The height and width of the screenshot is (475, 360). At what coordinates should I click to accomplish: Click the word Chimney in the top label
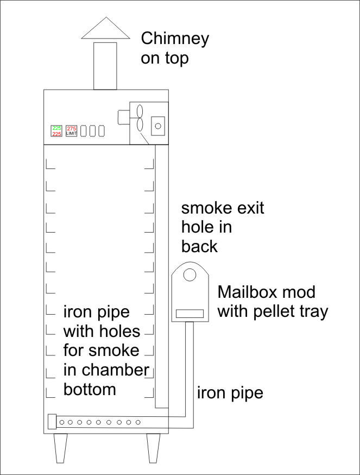point(174,39)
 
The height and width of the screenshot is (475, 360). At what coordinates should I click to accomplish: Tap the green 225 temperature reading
point(56,128)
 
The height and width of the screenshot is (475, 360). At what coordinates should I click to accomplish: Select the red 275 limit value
point(71,128)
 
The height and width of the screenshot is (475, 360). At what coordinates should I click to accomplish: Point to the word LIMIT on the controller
point(71,134)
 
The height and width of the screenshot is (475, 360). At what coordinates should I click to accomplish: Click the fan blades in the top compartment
point(140,117)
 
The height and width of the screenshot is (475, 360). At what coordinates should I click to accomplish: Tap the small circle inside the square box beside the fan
point(158,126)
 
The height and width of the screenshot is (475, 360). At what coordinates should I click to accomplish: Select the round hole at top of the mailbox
point(189,275)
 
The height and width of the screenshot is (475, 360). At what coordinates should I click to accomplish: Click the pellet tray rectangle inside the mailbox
point(190,314)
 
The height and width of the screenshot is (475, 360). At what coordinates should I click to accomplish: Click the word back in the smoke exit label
point(199,246)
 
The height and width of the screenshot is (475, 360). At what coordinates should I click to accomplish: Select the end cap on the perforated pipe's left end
point(52,422)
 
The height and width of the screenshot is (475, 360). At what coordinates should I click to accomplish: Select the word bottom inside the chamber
point(90,389)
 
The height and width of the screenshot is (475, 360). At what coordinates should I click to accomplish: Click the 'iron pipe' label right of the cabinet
point(230,392)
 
